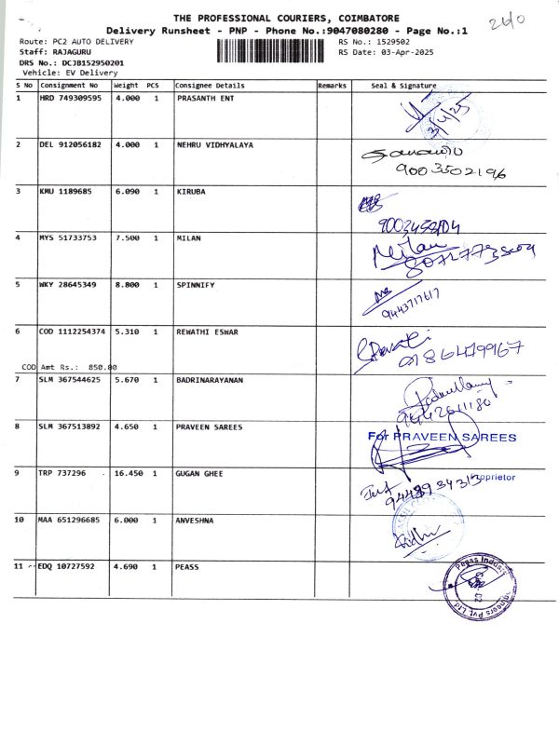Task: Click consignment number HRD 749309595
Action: coord(71,98)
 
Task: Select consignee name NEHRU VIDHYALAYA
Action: coord(214,145)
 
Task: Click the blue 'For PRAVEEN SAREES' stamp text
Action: coord(442,437)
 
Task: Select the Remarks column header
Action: coord(333,85)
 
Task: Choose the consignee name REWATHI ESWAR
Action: coord(208,332)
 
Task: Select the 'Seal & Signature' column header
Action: coord(403,85)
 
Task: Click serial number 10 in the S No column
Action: coord(20,521)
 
